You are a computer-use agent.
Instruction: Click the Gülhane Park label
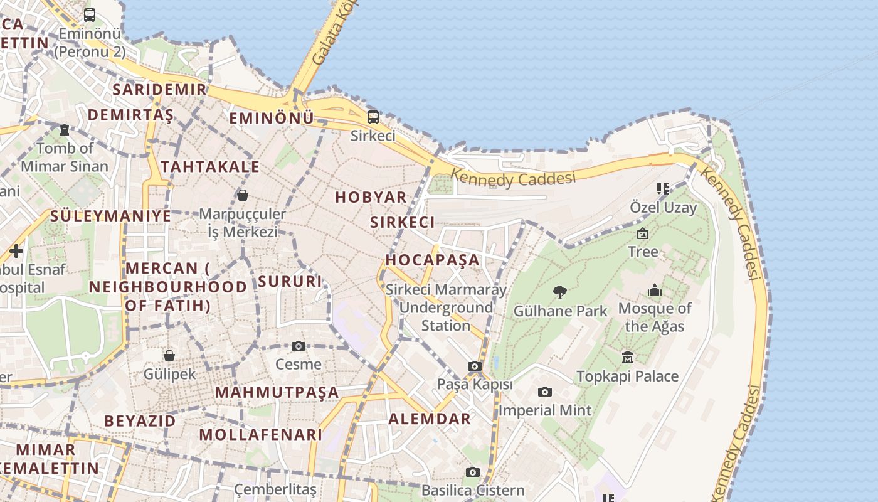560,311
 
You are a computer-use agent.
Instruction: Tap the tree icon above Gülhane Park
560,292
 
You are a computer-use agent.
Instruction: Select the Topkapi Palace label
627,376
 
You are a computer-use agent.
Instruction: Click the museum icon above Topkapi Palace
628,357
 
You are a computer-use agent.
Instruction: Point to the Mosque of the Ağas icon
655,291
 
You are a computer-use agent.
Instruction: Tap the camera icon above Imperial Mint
545,392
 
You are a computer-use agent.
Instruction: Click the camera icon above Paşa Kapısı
475,366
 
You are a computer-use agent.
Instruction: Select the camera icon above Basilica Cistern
473,472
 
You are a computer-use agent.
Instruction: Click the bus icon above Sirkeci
373,117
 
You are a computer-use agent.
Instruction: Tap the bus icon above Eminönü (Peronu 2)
90,15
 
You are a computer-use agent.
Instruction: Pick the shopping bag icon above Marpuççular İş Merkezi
243,195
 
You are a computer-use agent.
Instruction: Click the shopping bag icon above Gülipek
169,356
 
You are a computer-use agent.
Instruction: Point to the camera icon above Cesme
299,346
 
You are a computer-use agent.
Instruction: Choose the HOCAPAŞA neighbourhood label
432,260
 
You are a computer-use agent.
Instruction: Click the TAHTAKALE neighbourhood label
210,166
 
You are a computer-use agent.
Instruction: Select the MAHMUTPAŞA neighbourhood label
277,393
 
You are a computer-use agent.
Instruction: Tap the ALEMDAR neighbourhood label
430,419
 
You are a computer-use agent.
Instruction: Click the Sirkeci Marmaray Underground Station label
446,307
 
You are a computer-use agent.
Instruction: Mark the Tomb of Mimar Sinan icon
65,130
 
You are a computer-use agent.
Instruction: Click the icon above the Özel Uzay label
663,188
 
